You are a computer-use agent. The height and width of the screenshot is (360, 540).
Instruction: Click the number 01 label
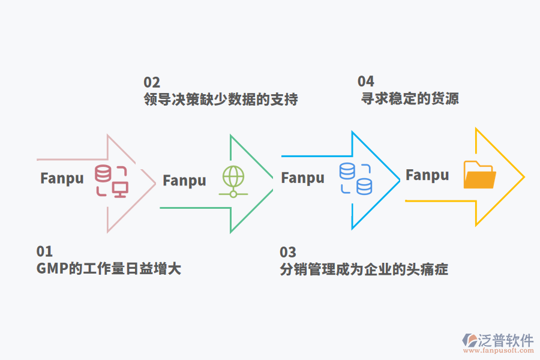click(x=44, y=251)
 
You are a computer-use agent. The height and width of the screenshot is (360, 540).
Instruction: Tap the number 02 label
click(x=152, y=82)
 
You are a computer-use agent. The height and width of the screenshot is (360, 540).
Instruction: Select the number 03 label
click(x=288, y=252)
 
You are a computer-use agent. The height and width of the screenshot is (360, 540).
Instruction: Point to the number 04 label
click(x=366, y=81)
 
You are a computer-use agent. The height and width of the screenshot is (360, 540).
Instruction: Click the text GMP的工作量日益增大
click(x=109, y=268)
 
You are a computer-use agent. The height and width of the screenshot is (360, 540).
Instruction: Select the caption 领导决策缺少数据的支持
click(x=221, y=99)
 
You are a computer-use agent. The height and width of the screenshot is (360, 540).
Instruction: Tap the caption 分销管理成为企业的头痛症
click(x=364, y=269)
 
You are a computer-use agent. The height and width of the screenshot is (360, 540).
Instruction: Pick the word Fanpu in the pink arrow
click(x=62, y=178)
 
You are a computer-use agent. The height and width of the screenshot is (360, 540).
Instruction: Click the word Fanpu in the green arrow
click(x=184, y=180)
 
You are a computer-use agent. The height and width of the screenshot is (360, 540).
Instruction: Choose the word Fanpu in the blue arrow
click(x=302, y=178)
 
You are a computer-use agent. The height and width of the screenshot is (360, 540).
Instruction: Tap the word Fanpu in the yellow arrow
click(x=427, y=175)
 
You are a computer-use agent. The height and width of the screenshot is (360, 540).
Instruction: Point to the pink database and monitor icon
click(x=112, y=181)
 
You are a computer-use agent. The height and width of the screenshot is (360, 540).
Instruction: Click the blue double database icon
click(x=355, y=179)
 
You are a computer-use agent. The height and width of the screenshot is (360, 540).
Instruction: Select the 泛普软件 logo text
click(x=505, y=340)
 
